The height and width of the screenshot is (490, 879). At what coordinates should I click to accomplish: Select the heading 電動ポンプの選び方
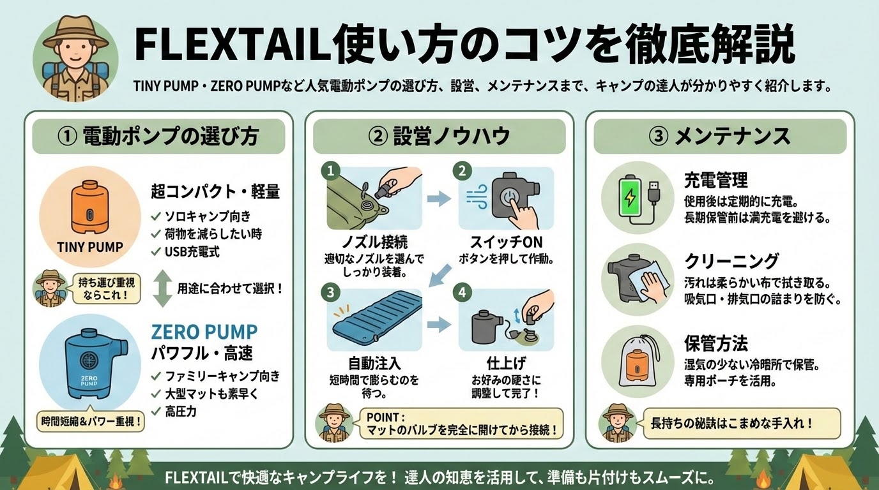click(171, 137)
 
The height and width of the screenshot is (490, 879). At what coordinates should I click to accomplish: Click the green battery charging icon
click(631, 198)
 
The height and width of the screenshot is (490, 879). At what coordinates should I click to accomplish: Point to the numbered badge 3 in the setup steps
click(330, 292)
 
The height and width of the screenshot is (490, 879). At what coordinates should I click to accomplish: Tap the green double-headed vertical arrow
click(162, 288)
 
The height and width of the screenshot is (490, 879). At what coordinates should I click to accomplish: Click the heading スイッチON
click(506, 242)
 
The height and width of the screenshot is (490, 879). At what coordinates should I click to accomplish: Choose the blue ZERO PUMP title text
click(204, 332)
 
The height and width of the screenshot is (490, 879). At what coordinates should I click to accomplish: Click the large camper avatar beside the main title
click(75, 58)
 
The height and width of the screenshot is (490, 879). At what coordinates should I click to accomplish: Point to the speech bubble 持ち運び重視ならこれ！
click(106, 288)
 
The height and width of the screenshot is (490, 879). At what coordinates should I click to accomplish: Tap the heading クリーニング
click(731, 261)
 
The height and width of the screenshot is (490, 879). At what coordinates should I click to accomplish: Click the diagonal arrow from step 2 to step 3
click(440, 275)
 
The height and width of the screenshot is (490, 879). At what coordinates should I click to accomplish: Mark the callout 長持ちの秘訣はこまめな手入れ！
click(742, 424)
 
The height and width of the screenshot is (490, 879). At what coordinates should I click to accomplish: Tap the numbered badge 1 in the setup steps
click(330, 171)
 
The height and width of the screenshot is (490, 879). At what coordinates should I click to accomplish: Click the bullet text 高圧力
click(181, 412)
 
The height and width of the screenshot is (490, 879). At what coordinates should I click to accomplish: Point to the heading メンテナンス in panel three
click(732, 137)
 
